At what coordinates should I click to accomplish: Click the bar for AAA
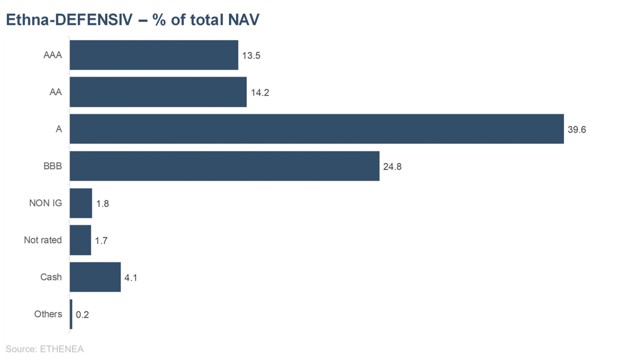153,55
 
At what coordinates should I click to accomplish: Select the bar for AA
158,92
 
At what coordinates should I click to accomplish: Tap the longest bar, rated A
316,129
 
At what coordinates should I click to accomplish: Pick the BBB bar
224,166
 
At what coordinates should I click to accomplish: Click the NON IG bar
80,203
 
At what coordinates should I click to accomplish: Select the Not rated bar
80,240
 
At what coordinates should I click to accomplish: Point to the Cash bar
95,277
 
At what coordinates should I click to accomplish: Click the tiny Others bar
71,314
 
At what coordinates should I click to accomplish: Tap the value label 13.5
251,56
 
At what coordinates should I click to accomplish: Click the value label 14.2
260,93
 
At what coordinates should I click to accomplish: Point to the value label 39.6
577,130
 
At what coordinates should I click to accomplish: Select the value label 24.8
392,167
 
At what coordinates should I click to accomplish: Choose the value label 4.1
131,278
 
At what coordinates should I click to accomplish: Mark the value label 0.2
82,315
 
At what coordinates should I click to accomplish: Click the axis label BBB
52,166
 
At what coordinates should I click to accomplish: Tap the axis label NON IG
45,203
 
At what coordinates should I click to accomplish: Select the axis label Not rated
43,240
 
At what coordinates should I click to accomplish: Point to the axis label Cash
51,277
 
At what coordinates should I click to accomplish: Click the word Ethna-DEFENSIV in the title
70,20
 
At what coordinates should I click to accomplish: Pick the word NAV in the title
243,20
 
